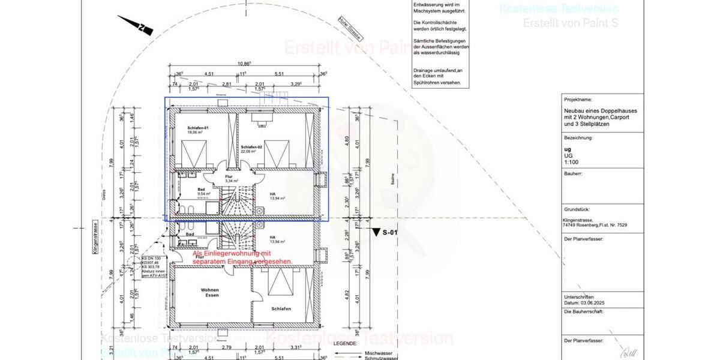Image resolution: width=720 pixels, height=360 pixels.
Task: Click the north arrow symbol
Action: (x=135, y=25)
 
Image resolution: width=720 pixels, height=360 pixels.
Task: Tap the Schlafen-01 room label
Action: (x=197, y=128)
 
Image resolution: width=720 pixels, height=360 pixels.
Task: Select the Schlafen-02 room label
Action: (x=251, y=147)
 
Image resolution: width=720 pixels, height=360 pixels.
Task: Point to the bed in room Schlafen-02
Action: (x=278, y=154)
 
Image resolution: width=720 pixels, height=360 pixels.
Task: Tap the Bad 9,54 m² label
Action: (x=202, y=193)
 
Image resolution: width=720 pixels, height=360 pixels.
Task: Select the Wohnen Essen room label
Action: (x=210, y=293)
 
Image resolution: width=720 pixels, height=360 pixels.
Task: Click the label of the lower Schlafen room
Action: (x=280, y=309)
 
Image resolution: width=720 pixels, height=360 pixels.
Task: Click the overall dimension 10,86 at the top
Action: (x=244, y=63)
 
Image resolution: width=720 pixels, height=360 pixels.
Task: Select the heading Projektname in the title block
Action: (x=578, y=100)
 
